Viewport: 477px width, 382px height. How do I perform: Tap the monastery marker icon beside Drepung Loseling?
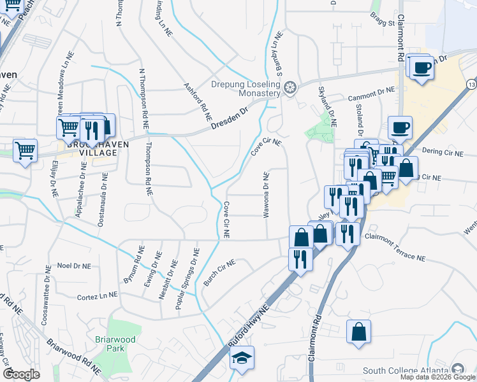[290, 87]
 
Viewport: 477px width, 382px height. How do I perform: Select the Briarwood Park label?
[115, 344]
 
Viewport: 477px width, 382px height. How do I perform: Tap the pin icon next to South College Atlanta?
[457, 370]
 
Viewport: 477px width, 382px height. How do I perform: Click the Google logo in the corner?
[21, 374]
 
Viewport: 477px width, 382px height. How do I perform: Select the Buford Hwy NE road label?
[250, 325]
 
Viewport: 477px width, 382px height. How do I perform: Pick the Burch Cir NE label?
[219, 272]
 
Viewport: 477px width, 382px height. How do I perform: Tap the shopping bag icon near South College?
[359, 331]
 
